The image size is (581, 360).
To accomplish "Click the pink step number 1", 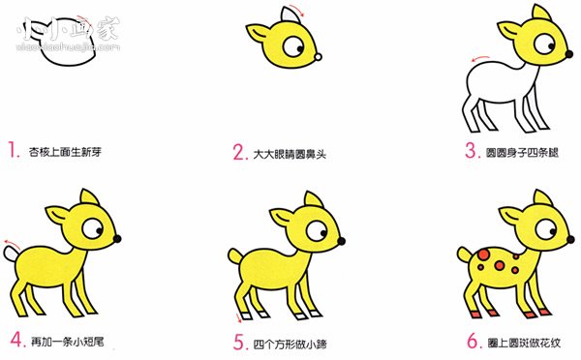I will [x=14, y=151].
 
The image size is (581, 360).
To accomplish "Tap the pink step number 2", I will [x=238, y=151].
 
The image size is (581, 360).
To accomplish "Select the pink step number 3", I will [x=472, y=151].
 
